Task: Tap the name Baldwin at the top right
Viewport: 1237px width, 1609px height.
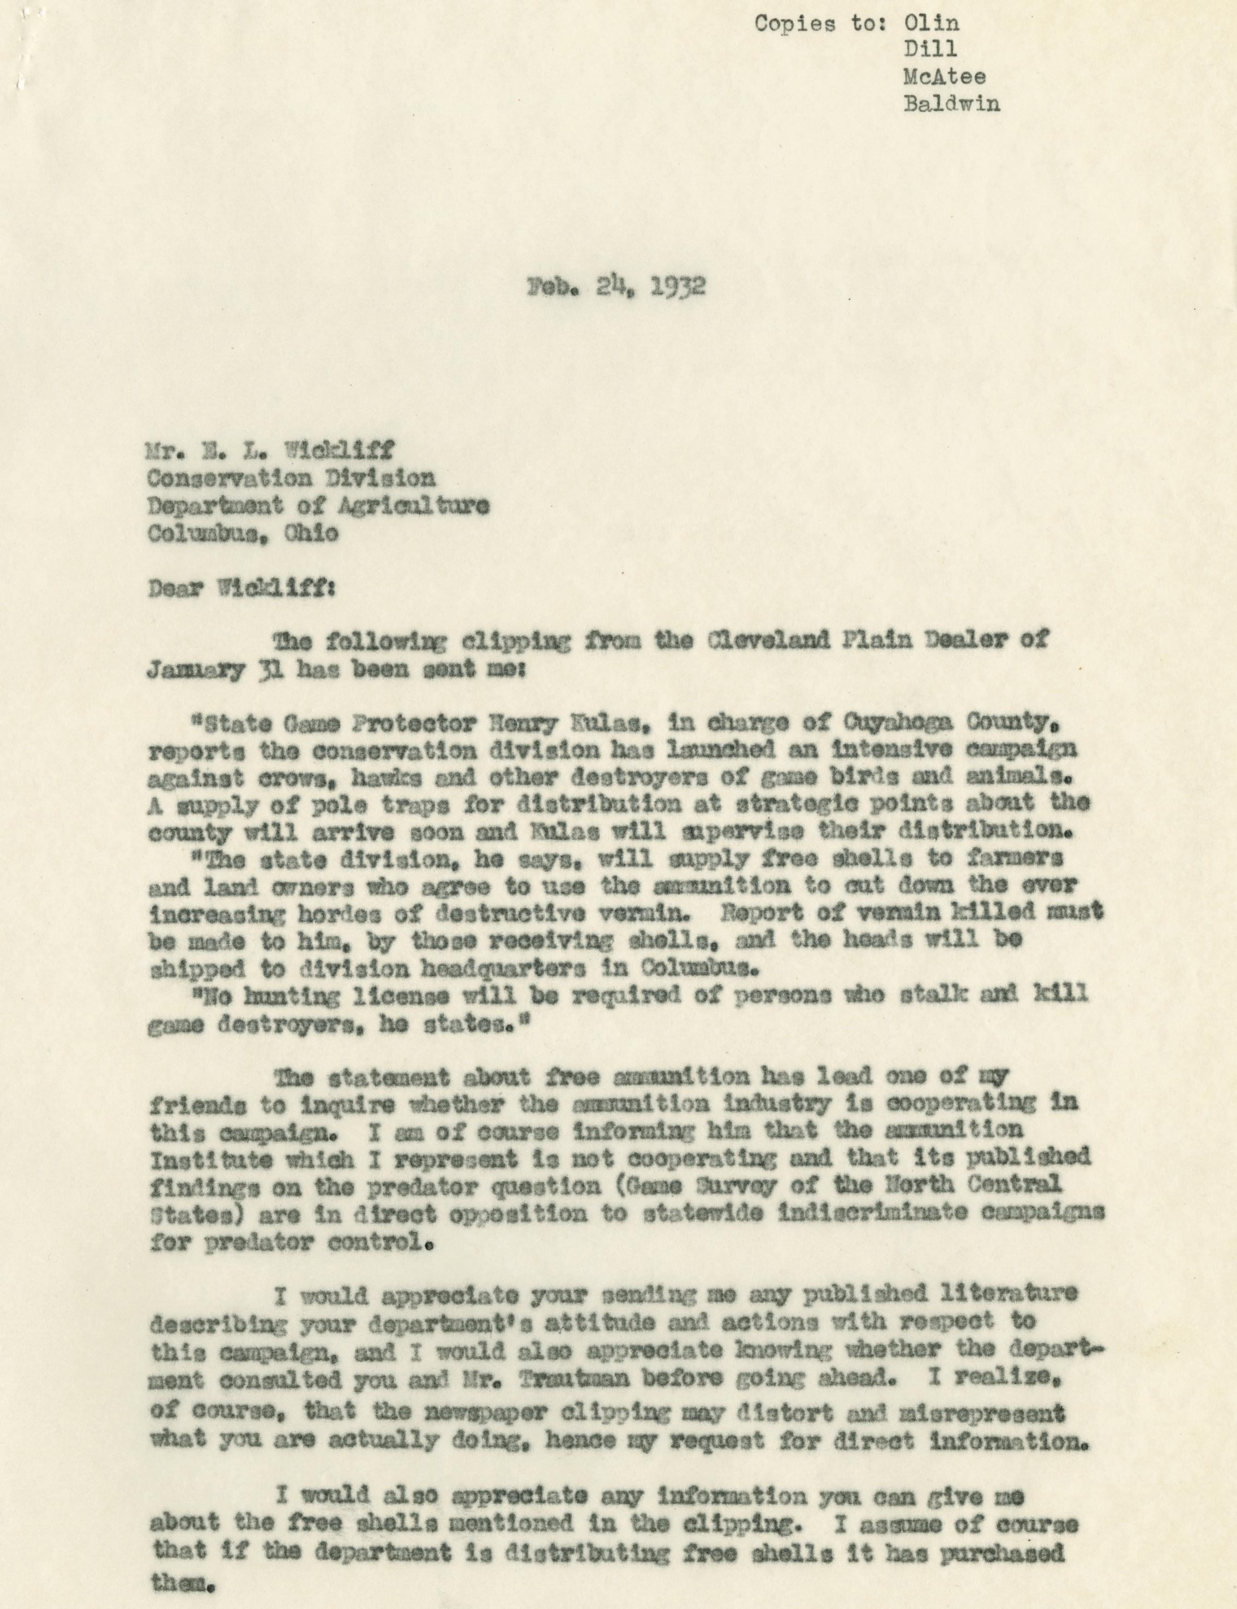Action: pyautogui.click(x=951, y=103)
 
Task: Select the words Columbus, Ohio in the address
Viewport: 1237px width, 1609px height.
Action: pyautogui.click(x=243, y=533)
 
